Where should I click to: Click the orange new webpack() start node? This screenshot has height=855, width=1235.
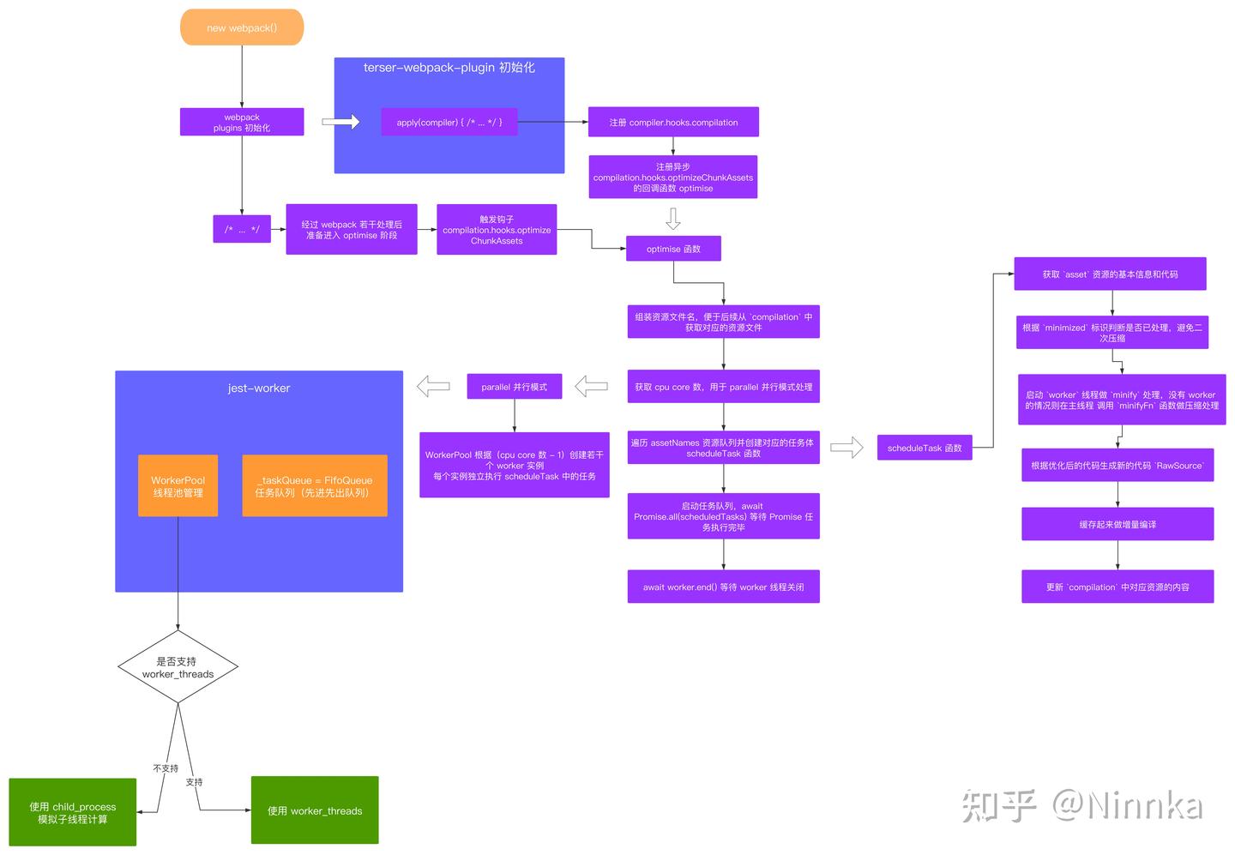point(242,27)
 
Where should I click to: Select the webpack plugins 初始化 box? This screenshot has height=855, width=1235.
point(242,122)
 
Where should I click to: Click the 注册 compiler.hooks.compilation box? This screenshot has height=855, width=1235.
point(673,122)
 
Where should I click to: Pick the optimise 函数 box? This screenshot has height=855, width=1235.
point(673,249)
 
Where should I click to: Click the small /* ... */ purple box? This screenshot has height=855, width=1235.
point(242,229)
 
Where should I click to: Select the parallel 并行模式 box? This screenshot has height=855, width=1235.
point(514,387)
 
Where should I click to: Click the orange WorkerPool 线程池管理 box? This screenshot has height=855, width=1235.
point(178,485)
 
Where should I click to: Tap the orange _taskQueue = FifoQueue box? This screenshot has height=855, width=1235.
point(314,485)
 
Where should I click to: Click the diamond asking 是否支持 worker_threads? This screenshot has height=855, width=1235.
point(178,667)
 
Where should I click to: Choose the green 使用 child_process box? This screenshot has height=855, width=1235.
point(73,812)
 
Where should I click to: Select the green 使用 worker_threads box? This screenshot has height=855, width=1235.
point(315,810)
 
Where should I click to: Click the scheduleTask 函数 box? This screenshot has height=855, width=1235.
point(925,448)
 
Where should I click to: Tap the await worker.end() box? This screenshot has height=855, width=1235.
point(723,587)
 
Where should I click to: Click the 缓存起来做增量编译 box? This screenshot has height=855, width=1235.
point(1117,524)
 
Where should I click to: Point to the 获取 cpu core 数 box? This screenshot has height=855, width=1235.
point(723,387)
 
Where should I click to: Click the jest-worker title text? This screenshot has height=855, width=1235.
point(259,388)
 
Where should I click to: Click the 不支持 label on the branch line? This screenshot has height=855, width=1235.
point(166,768)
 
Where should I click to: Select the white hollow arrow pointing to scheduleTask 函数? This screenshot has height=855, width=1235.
point(846,448)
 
